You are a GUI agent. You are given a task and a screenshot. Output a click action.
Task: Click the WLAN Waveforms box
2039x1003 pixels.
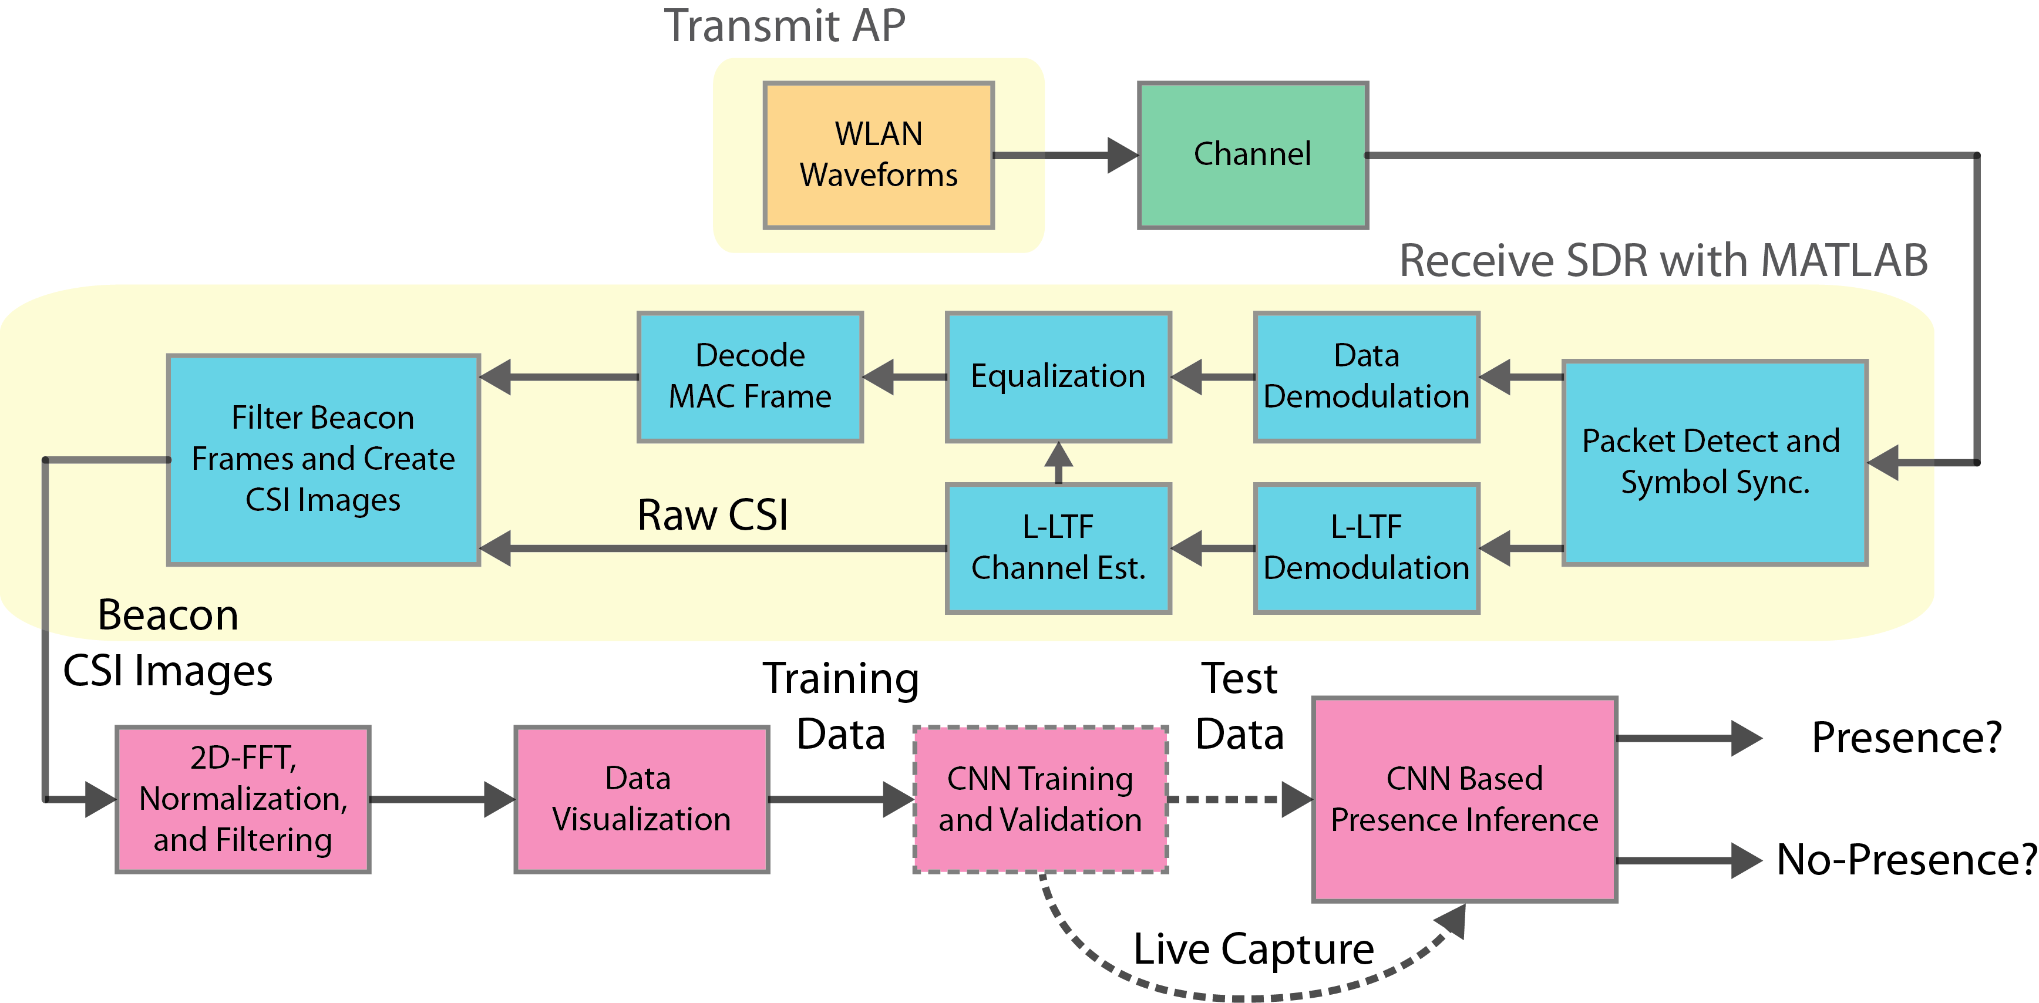pos(879,155)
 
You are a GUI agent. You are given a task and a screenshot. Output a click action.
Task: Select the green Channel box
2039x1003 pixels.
pos(1253,155)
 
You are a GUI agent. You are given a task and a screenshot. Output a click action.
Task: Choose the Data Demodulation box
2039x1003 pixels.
pos(1367,377)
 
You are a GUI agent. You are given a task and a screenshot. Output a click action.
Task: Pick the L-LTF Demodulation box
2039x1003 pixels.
pos(1367,548)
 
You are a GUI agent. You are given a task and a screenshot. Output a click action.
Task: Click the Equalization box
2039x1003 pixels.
pos(1058,377)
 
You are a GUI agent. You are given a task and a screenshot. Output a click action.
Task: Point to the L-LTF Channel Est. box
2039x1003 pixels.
pos(1058,548)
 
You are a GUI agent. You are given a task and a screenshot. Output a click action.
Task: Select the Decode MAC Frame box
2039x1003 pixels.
pos(751,377)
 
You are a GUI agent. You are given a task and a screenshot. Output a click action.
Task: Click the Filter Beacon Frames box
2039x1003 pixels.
pos(324,460)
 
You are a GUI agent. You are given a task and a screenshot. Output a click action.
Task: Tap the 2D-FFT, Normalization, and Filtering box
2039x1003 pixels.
pos(243,800)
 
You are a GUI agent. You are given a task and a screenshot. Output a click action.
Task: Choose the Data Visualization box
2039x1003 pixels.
pos(642,800)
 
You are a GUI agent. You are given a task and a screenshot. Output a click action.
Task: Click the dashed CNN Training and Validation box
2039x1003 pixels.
pos(1041,800)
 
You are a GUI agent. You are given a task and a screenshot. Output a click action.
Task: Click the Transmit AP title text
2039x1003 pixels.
pos(785,25)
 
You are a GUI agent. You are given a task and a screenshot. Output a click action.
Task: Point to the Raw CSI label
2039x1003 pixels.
pos(712,516)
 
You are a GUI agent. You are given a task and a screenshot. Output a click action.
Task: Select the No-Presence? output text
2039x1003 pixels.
pos(1907,860)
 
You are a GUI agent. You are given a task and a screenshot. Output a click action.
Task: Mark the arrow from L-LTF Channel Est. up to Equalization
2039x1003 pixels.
pos(1058,463)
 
